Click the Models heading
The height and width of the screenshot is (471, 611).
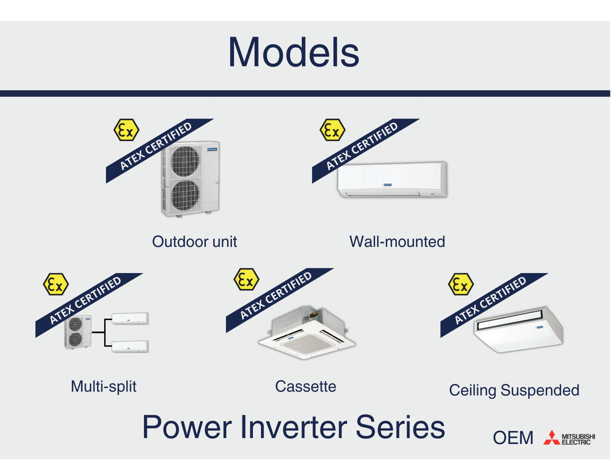pyautogui.click(x=293, y=52)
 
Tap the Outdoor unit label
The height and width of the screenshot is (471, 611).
pyautogui.click(x=194, y=242)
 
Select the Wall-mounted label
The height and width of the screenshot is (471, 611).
pyautogui.click(x=397, y=242)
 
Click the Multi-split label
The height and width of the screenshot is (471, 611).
pyautogui.click(x=103, y=387)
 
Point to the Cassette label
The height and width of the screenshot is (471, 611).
pyautogui.click(x=305, y=387)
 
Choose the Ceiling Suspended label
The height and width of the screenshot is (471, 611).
pyautogui.click(x=514, y=390)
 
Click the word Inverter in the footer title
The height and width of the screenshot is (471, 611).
pyautogui.click(x=295, y=427)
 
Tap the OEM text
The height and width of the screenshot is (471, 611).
pyautogui.click(x=513, y=438)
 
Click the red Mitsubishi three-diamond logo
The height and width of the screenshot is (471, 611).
pyautogui.click(x=551, y=438)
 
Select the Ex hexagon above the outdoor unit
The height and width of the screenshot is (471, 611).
pyautogui.click(x=126, y=130)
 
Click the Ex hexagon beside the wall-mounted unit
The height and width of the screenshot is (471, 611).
pyautogui.click(x=332, y=130)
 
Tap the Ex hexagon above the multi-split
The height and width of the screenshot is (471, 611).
pyautogui.click(x=56, y=284)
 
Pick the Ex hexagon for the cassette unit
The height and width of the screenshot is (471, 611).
pyautogui.click(x=246, y=279)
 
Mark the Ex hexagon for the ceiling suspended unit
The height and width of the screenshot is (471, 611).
pyautogui.click(x=461, y=284)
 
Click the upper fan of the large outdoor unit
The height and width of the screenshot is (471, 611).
pyautogui.click(x=185, y=161)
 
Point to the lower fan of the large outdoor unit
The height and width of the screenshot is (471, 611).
pyautogui.click(x=185, y=195)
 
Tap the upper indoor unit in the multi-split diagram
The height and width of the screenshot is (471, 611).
pyautogui.click(x=130, y=318)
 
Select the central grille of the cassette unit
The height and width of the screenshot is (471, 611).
pyautogui.click(x=307, y=344)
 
